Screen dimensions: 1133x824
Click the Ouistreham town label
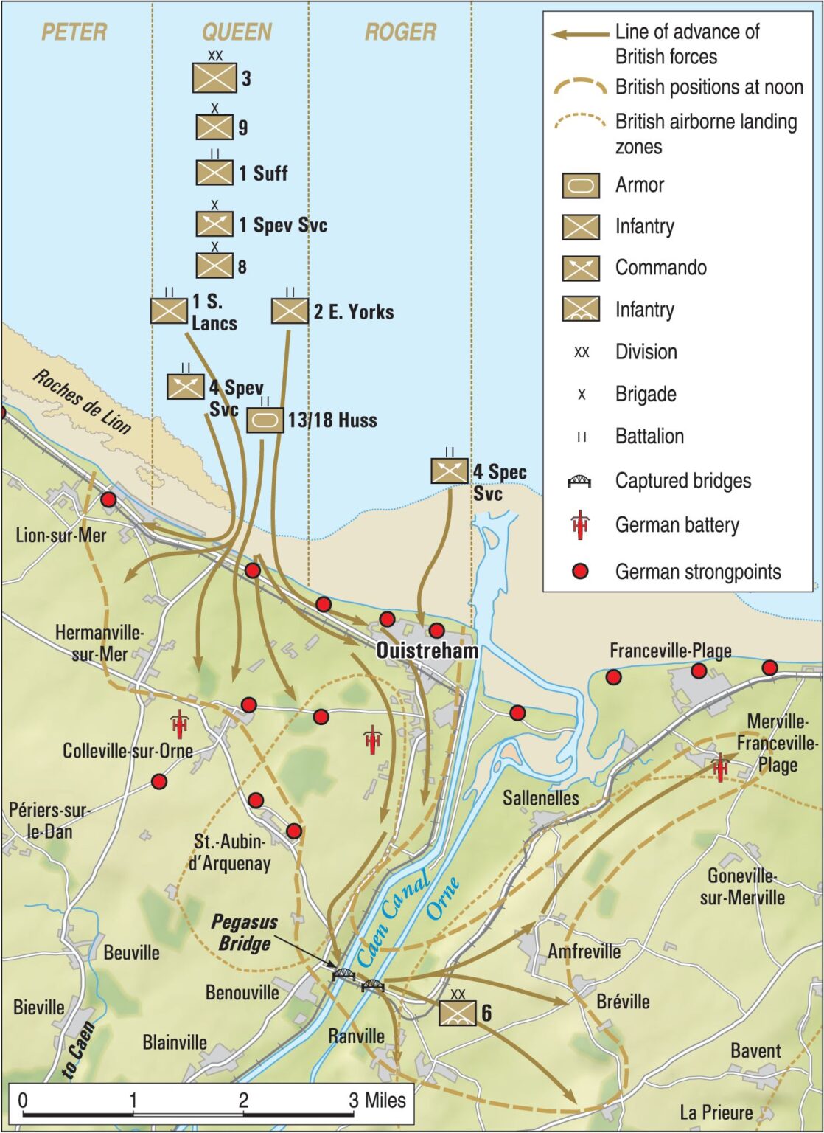[427, 651]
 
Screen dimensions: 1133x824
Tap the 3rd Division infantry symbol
[214, 77]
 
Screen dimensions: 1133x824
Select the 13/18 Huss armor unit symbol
[265, 420]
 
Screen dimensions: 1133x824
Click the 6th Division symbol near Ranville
[458, 1013]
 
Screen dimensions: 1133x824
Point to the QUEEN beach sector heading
[237, 32]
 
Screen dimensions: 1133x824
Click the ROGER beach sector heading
[400, 32]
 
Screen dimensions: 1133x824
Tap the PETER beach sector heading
[74, 32]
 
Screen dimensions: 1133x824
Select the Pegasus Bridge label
[244, 932]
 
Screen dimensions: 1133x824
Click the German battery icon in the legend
[581, 524]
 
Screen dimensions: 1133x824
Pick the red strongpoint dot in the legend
[581, 571]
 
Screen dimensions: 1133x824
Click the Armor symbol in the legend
[581, 185]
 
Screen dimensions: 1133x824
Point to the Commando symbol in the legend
[581, 268]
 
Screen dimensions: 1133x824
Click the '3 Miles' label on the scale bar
[377, 1100]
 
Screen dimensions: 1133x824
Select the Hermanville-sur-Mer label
[99, 642]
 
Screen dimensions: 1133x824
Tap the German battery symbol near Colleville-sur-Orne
[179, 724]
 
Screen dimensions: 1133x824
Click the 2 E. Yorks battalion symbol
[290, 311]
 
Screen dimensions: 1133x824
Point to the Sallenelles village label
[541, 797]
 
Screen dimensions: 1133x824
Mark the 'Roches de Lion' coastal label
[82, 402]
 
